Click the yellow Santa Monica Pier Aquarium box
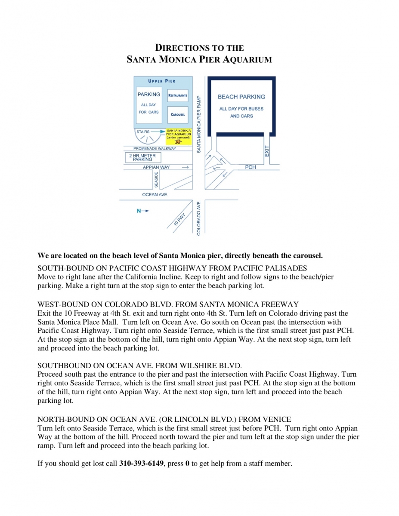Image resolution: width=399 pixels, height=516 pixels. point(179,136)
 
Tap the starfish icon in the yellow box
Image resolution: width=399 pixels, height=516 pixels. point(178,142)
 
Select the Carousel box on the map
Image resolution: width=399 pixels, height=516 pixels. point(178,115)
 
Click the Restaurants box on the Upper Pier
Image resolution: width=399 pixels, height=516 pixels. point(178,95)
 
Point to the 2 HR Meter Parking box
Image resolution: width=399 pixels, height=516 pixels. point(142,157)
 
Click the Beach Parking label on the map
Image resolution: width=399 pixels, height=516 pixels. point(241,97)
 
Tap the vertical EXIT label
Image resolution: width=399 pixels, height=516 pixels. point(267,151)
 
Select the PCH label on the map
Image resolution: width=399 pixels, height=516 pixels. point(251,167)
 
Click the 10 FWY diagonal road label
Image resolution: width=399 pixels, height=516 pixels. point(179,221)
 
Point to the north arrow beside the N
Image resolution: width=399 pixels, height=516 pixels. point(146,211)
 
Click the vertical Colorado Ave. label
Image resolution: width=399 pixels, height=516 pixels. point(199,218)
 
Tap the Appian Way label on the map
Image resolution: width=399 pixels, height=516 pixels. point(156,167)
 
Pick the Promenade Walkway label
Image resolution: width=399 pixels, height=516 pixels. point(155,149)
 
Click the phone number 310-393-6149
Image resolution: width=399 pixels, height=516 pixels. point(141,464)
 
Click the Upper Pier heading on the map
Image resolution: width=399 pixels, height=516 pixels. point(162,81)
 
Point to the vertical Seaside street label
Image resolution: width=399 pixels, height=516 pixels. point(156,179)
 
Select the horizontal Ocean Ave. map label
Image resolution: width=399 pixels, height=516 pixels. point(155,195)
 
